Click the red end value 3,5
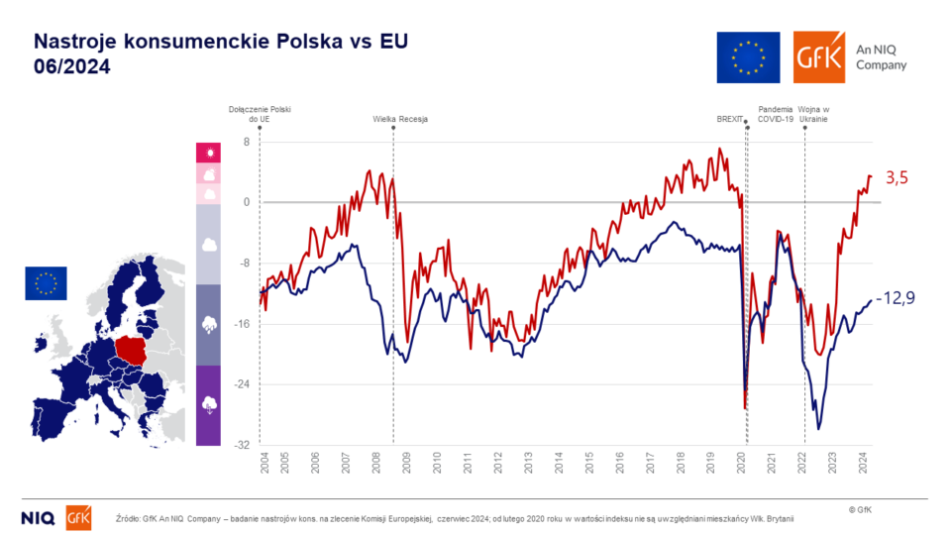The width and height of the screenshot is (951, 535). pyautogui.click(x=897, y=178)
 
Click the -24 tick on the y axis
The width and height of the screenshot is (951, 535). pyautogui.click(x=242, y=384)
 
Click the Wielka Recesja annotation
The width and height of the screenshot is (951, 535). pyautogui.click(x=400, y=119)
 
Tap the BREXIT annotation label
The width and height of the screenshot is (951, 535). pyautogui.click(x=729, y=119)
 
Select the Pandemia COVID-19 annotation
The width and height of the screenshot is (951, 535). pyautogui.click(x=777, y=113)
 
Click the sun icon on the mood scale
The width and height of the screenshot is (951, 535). pyautogui.click(x=208, y=152)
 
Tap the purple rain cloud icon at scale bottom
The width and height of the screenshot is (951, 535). pyautogui.click(x=208, y=403)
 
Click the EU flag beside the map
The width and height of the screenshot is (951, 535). pyautogui.click(x=46, y=283)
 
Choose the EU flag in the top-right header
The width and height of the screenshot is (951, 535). pyautogui.click(x=748, y=56)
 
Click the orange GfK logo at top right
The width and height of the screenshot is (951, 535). pyautogui.click(x=819, y=56)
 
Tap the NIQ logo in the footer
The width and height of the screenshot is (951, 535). pyautogui.click(x=39, y=517)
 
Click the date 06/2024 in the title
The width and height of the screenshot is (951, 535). pyautogui.click(x=72, y=66)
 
